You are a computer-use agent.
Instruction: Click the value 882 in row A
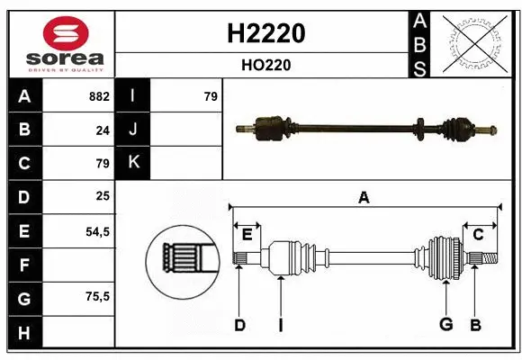99,96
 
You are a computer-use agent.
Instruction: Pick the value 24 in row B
103,130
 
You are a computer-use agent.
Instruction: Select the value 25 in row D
103,196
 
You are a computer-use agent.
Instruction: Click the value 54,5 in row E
97,230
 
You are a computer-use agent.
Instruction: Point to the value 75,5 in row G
97,297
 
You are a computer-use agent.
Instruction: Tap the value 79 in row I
210,96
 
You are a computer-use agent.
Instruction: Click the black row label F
24,265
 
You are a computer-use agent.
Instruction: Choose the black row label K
132,163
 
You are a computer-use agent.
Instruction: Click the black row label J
132,130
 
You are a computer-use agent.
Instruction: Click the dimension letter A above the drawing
364,198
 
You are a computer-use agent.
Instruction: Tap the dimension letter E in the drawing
246,235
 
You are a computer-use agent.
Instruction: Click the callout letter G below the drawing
445,325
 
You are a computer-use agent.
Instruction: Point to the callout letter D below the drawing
239,325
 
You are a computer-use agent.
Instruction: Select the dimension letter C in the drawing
479,235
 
